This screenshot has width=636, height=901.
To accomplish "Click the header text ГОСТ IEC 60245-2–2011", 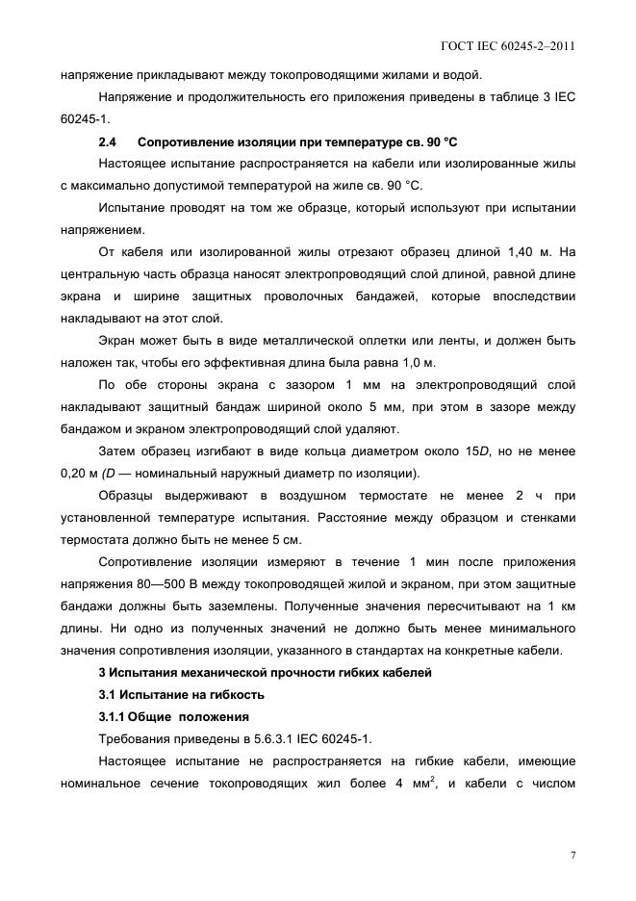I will [507, 45].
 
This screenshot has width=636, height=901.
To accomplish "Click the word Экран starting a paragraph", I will [118, 341].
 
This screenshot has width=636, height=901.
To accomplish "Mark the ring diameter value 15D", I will [449, 451].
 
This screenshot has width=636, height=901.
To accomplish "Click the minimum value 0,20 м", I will [79, 473].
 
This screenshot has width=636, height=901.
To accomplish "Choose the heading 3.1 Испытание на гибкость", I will [181, 694].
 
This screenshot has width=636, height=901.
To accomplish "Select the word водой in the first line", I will [465, 74].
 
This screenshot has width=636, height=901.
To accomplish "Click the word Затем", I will [118, 451].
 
